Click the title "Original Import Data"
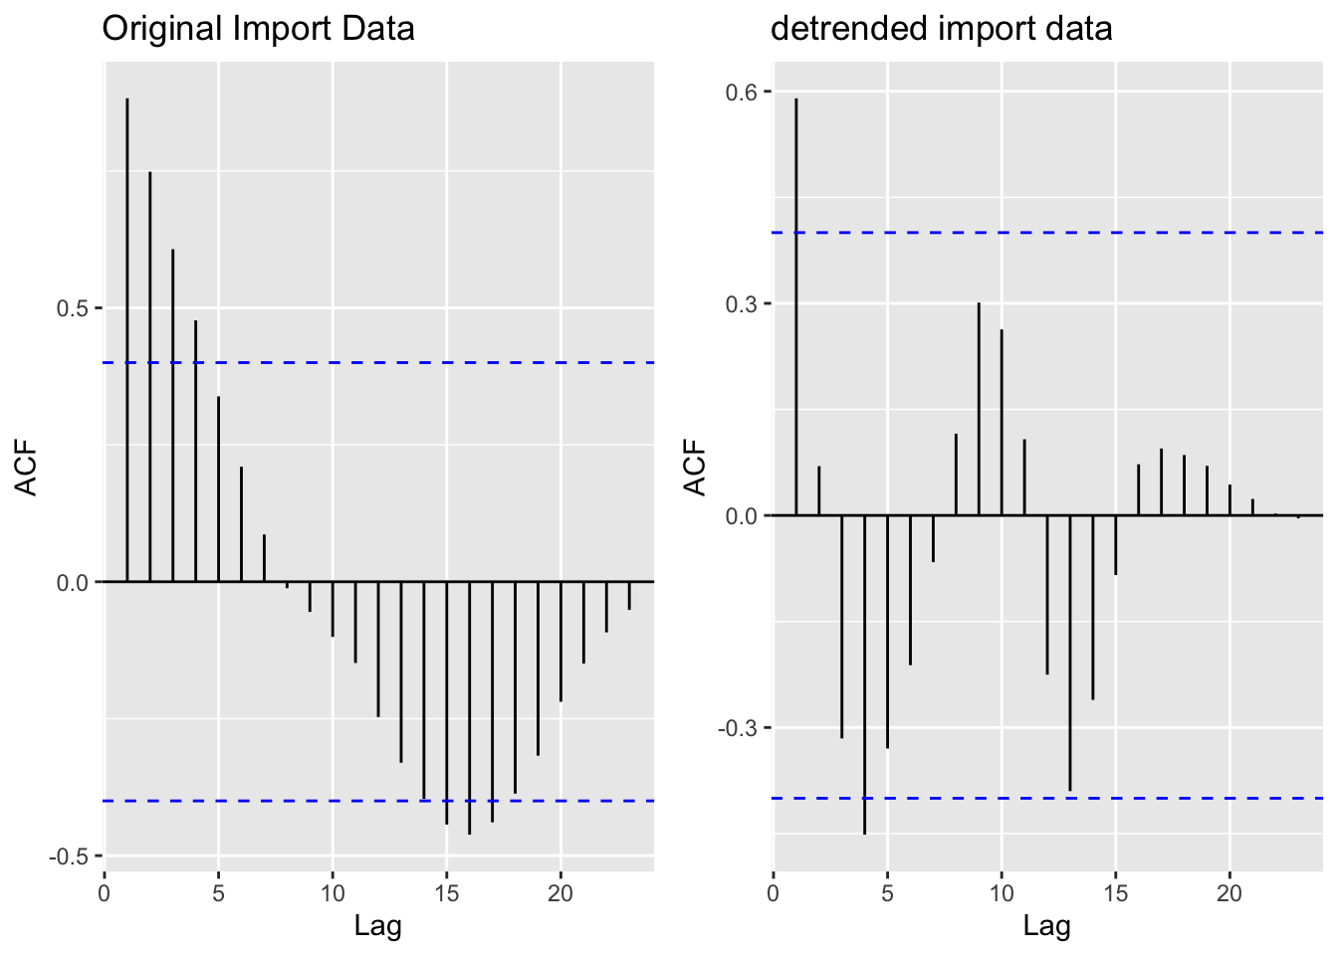(x=258, y=29)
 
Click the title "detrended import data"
(x=941, y=29)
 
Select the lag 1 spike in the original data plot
(x=127, y=338)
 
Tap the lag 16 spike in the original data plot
(x=469, y=706)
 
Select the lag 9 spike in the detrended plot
(x=979, y=409)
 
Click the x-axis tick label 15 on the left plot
(x=446, y=892)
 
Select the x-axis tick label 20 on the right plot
(x=1229, y=892)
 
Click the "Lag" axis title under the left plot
(x=378, y=927)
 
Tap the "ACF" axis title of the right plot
(x=696, y=468)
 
